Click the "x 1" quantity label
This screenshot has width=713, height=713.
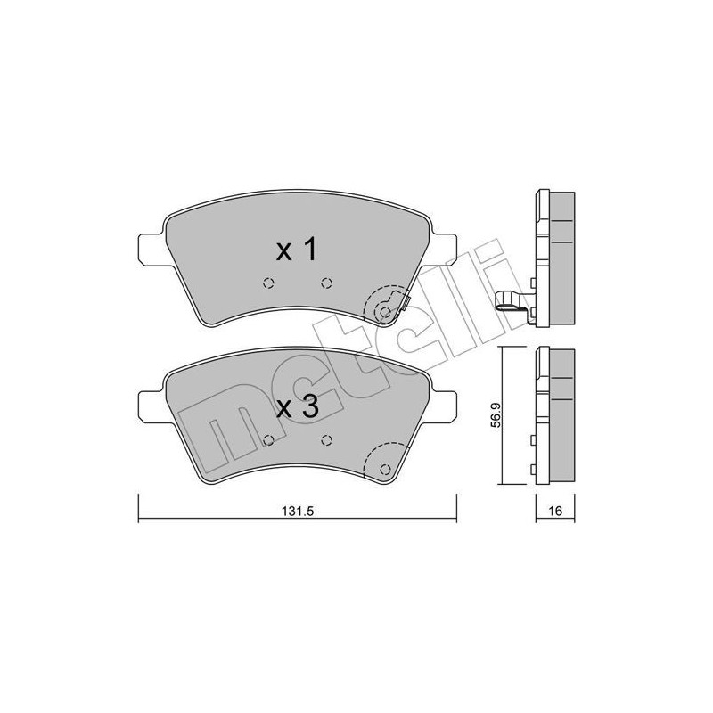[296, 250]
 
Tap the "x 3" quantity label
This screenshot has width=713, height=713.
[296, 407]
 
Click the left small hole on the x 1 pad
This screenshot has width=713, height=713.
[266, 284]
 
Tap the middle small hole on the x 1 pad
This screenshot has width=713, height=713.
[325, 283]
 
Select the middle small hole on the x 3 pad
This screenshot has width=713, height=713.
[326, 439]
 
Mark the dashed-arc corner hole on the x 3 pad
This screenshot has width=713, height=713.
[385, 469]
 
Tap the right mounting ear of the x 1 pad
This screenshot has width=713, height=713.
[444, 247]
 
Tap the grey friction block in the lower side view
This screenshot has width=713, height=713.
[560, 414]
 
